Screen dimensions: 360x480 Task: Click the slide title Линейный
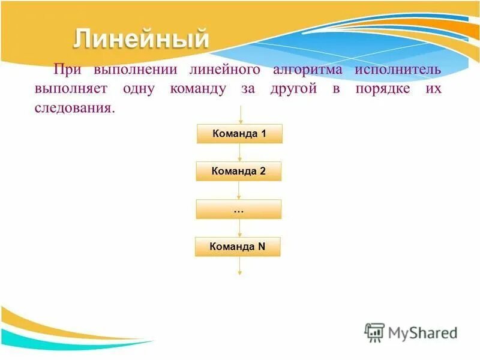[x=142, y=39]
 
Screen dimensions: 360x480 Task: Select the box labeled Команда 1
[x=239, y=134]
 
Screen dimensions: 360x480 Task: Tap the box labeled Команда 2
[x=239, y=172]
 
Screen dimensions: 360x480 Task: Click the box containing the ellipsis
[x=239, y=209]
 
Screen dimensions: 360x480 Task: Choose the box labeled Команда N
[x=238, y=247]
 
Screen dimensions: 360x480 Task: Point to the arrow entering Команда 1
[x=240, y=115]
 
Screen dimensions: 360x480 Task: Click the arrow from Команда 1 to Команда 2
[x=240, y=152]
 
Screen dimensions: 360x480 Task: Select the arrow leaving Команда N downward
[x=239, y=266]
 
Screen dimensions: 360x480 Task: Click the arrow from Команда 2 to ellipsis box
[x=239, y=190]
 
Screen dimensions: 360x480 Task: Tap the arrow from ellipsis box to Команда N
[x=239, y=228]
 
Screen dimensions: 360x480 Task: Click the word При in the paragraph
[x=66, y=70]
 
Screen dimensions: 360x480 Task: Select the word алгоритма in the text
[x=307, y=70]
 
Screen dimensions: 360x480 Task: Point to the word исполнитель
[x=397, y=70]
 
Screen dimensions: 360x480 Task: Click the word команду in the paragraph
[x=197, y=89]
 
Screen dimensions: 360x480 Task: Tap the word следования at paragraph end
[x=73, y=109]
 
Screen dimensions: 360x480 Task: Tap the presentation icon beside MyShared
[x=375, y=331]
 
